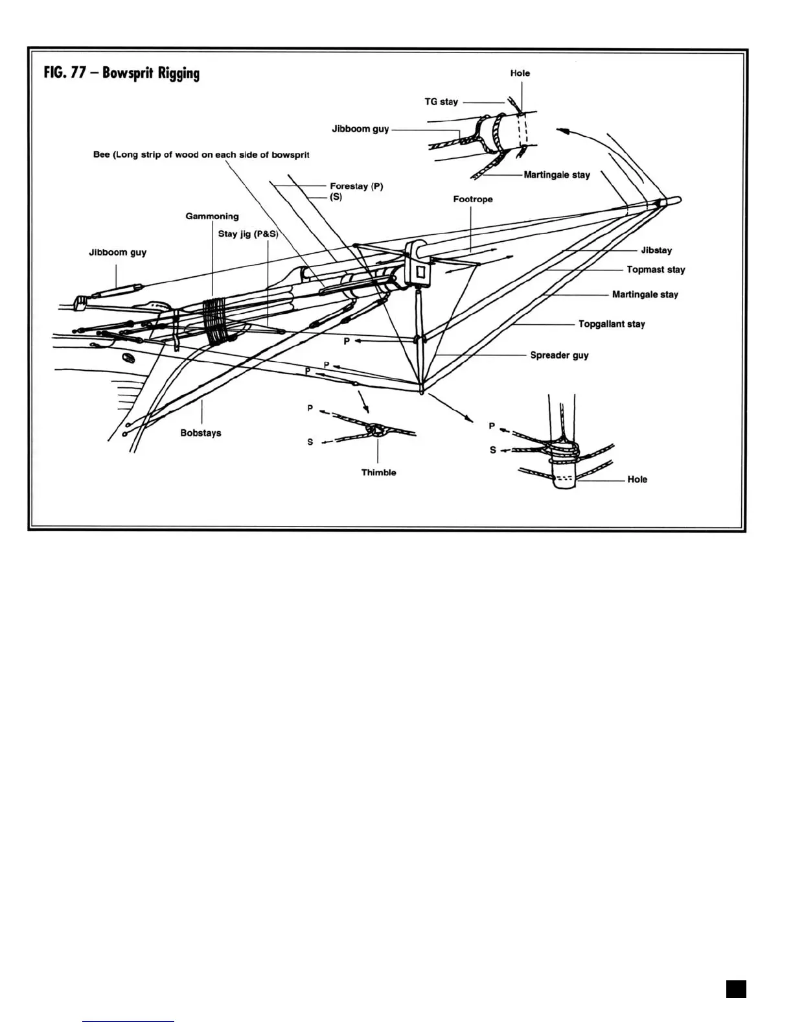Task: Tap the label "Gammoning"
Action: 212,216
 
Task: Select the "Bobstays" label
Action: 201,432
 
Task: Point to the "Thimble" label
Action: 378,472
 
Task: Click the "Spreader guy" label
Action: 559,355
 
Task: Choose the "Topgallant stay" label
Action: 612,324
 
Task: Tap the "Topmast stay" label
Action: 656,269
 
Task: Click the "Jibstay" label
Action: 656,250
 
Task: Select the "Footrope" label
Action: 472,199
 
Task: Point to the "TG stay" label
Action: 441,101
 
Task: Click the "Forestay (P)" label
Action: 356,186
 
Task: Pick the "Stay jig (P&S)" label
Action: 247,233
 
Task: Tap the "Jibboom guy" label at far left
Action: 117,252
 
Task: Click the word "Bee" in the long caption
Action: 102,155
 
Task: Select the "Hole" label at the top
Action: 520,73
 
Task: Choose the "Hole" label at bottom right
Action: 637,479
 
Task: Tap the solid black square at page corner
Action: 736,989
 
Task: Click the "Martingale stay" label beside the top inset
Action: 557,174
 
